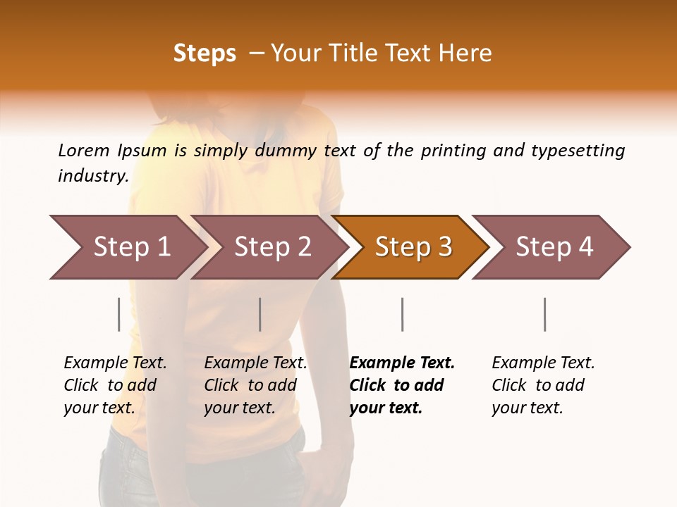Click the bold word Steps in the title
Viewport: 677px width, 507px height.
click(205, 54)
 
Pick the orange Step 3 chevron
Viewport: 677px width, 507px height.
click(413, 247)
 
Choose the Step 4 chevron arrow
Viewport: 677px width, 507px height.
click(554, 247)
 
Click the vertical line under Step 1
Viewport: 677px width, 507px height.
click(119, 314)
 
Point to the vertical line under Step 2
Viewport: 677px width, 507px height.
click(260, 314)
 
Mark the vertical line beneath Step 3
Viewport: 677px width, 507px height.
click(402, 314)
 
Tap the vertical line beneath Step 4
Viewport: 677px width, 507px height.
click(544, 314)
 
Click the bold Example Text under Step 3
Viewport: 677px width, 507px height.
click(402, 385)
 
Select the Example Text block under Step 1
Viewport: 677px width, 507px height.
click(115, 385)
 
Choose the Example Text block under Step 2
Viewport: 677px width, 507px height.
click(255, 385)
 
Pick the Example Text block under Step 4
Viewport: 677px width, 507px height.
click(543, 385)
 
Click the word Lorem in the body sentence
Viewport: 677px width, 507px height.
click(83, 150)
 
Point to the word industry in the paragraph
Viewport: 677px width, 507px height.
click(92, 175)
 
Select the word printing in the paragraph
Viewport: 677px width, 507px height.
click(453, 151)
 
